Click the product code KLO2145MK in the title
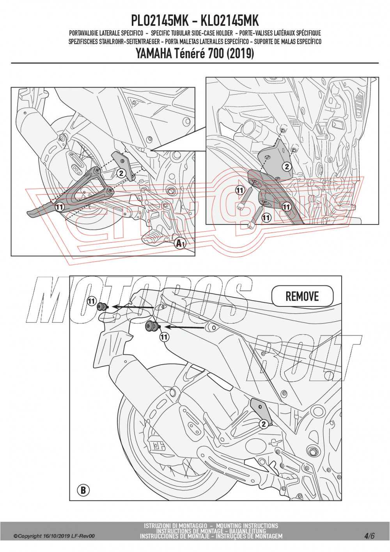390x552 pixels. click(230, 20)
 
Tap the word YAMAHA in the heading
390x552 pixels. click(154, 53)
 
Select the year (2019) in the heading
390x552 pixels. click(239, 53)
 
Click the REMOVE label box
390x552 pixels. click(302, 296)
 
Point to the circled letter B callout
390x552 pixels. click(83, 490)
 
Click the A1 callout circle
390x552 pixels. click(180, 243)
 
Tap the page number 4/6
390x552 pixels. click(369, 536)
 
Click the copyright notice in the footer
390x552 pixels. click(54, 536)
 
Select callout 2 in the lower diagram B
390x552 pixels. click(264, 424)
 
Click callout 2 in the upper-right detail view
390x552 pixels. click(287, 167)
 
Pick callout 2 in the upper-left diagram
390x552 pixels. click(121, 173)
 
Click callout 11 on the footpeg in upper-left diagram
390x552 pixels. click(59, 207)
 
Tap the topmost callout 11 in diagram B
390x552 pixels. click(91, 301)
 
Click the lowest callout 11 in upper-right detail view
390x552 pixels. click(266, 217)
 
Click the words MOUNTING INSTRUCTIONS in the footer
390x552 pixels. click(247, 526)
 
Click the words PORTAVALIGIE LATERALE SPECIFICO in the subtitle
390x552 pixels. click(106, 33)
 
